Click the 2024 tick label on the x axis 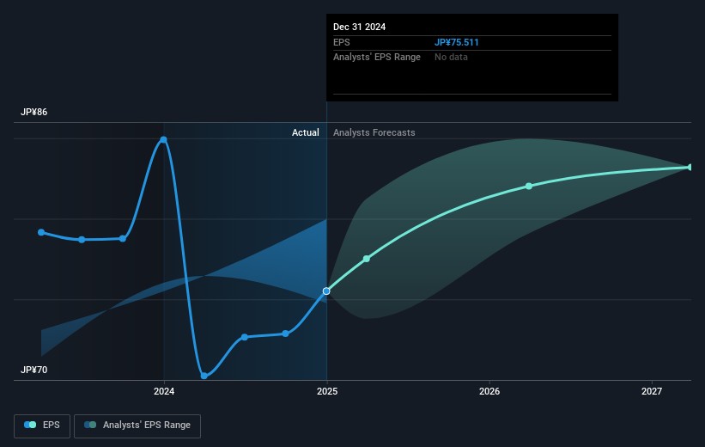(164, 391)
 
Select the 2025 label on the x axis (327, 391)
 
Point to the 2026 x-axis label (489, 391)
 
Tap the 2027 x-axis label (652, 391)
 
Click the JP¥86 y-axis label (33, 112)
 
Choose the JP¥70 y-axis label (33, 370)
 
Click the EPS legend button (42, 426)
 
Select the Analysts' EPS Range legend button (137, 426)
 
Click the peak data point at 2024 (164, 140)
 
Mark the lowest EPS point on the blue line (204, 376)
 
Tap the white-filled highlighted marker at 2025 (326, 291)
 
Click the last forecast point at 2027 (690, 167)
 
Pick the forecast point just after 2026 (529, 186)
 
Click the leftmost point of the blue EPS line (41, 232)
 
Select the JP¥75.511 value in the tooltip (456, 42)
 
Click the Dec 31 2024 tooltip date (359, 27)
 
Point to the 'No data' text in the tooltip (451, 57)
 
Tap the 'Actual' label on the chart (306, 132)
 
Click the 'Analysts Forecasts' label (374, 132)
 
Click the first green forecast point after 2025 (367, 259)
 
